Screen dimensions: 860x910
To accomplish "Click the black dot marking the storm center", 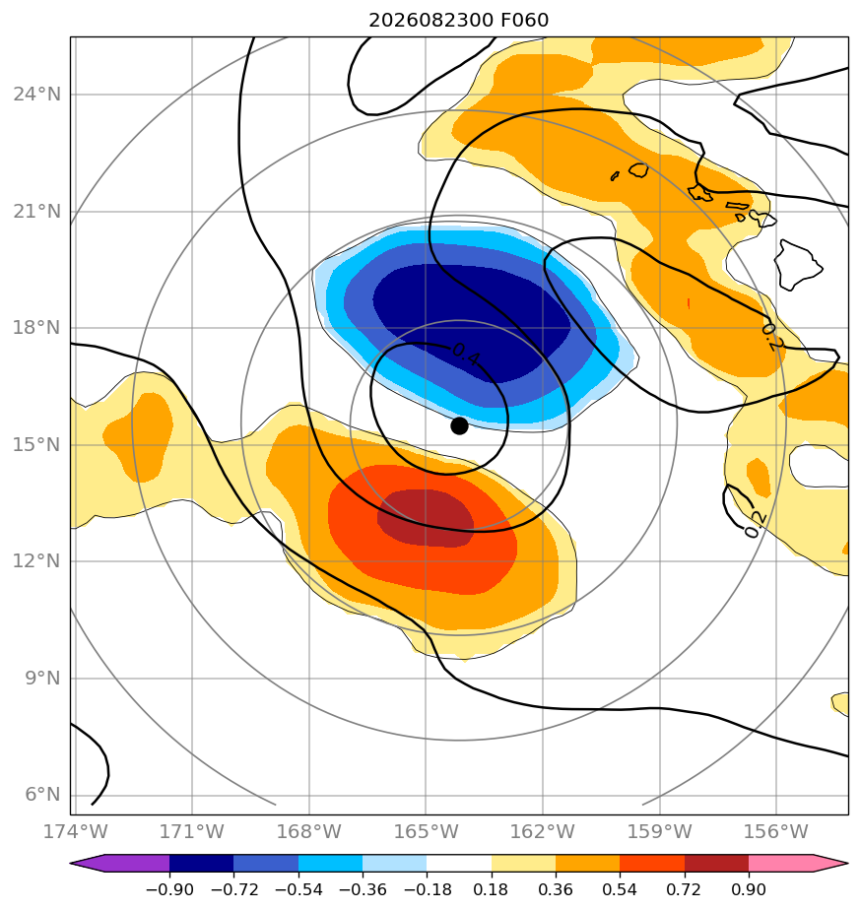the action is [459, 426].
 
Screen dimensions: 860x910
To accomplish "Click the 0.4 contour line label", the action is [466, 354].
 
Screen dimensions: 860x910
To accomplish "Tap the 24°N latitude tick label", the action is [36, 94].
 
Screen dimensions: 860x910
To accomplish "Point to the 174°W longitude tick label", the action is [76, 831].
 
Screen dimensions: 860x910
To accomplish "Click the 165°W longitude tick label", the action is [426, 831].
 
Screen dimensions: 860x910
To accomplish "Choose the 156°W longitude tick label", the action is [776, 831].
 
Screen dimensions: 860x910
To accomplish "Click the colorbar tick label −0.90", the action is [169, 889].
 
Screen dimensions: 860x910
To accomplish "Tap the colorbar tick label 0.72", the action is [684, 889].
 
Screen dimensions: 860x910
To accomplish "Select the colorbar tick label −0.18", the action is [427, 889].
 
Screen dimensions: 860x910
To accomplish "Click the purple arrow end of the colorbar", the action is [119, 863].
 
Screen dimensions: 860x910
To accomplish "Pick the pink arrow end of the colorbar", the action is [799, 863].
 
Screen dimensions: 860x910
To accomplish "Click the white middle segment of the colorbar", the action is [459, 863].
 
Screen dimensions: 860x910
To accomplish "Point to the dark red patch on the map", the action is [427, 518].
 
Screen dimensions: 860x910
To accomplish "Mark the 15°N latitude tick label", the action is [36, 444].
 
